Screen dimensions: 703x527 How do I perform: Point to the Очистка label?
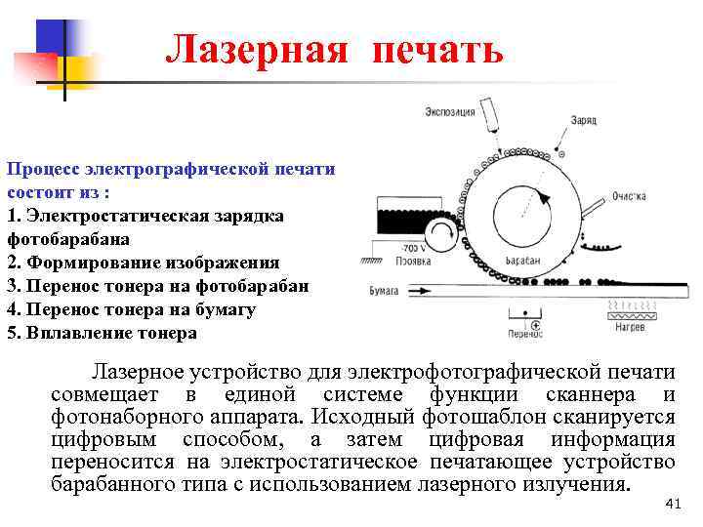629,196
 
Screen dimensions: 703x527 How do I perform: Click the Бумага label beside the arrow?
384,290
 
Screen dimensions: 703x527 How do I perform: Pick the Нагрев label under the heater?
632,328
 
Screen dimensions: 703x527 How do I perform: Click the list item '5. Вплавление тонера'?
102,333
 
